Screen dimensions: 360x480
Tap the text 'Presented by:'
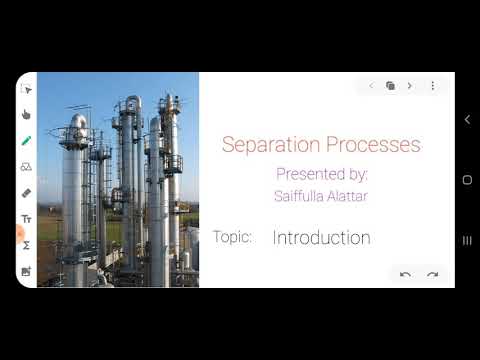point(322,174)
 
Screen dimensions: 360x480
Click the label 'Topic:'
point(232,237)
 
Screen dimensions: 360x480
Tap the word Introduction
point(321,238)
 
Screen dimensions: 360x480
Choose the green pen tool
point(26,141)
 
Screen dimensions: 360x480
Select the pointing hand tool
point(26,115)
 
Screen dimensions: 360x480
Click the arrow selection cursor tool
point(26,90)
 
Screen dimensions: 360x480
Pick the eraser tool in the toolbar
point(26,193)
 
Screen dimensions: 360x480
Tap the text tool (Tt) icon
point(26,219)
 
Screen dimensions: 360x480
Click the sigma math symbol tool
point(26,245)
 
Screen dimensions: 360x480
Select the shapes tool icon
point(26,167)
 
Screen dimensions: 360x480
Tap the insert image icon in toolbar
point(26,271)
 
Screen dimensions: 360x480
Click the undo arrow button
point(405,274)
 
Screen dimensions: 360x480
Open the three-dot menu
point(433,86)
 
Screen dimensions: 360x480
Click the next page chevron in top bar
point(410,86)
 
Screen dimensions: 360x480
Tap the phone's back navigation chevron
point(467,120)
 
